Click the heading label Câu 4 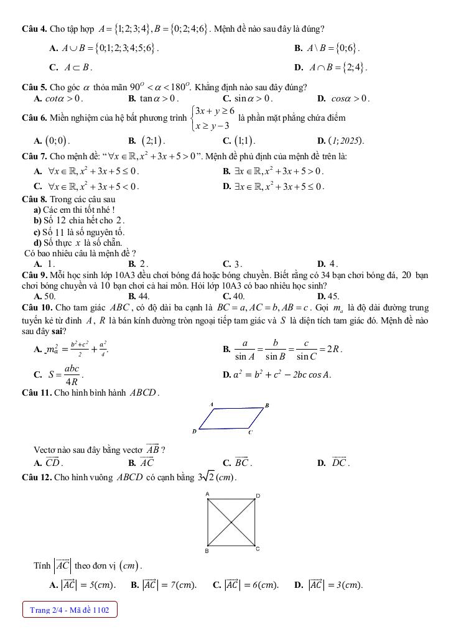point(34,29)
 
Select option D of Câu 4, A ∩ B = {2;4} point(336,68)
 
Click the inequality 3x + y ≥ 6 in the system point(215,111)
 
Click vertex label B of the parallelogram point(267,406)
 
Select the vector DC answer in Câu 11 point(339,462)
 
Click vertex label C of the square point(258,550)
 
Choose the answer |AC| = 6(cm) point(246,585)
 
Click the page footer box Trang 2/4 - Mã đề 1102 point(70,610)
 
